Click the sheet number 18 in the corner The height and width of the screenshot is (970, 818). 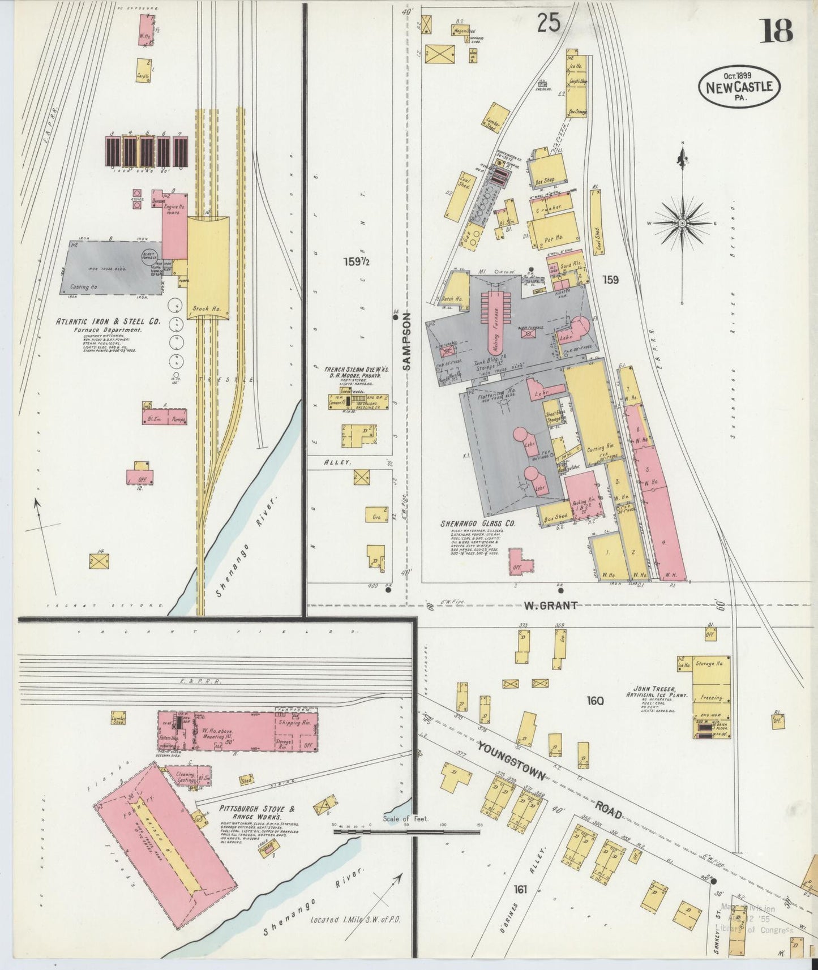coord(776,31)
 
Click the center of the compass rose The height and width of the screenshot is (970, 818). coord(683,223)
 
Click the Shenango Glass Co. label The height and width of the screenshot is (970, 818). coord(478,524)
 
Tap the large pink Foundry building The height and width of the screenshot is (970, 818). coord(164,843)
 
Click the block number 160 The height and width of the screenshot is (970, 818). coord(595,701)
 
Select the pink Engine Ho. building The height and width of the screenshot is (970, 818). coord(174,224)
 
